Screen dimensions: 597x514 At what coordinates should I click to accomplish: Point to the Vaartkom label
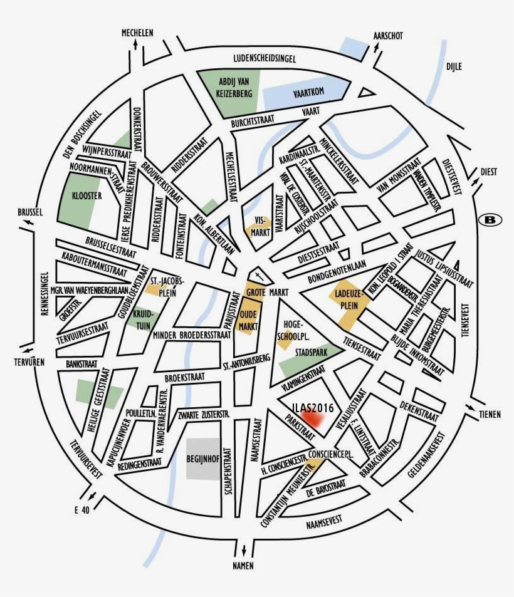(308, 93)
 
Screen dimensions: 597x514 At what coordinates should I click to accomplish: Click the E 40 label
(82, 510)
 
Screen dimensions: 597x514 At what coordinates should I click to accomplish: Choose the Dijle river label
(454, 67)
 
